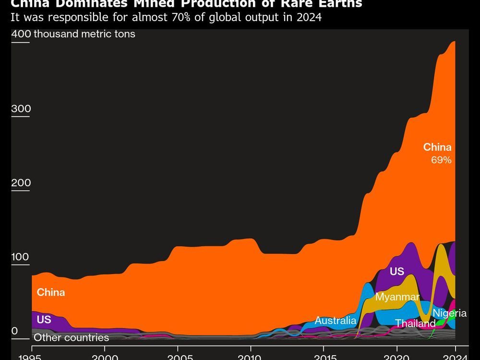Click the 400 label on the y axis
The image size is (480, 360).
click(21, 34)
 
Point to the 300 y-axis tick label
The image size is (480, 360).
click(21, 109)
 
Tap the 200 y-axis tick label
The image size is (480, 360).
click(21, 183)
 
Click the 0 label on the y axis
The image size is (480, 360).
click(14, 331)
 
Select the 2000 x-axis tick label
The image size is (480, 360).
click(105, 358)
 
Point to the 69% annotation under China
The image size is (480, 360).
click(441, 160)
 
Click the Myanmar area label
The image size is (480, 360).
click(397, 297)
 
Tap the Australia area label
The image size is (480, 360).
click(336, 320)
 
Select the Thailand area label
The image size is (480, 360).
click(415, 324)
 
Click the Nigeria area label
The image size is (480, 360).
click(449, 313)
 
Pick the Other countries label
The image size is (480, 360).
click(71, 337)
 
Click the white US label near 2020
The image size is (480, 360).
click(397, 272)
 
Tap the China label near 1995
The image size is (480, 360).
click(51, 292)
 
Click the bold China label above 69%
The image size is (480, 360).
click(437, 147)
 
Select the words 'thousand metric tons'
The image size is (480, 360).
click(84, 34)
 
